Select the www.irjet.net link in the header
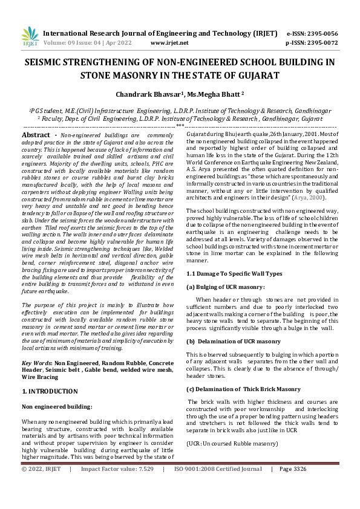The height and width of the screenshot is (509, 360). [169, 43]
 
